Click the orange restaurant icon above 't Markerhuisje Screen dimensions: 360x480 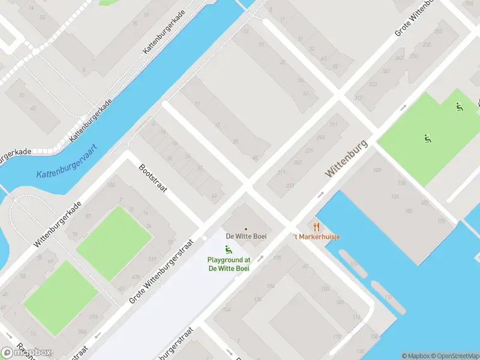(316, 227)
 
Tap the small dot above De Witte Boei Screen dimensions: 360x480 (245, 229)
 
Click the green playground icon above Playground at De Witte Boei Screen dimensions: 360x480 (228, 249)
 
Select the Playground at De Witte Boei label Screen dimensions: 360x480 (229, 264)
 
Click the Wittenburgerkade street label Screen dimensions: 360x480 (58, 225)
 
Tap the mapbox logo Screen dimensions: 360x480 (26, 352)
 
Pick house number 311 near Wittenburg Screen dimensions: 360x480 (281, 173)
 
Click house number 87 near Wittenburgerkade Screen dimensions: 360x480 (88, 216)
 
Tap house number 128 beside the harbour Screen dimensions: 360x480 (395, 197)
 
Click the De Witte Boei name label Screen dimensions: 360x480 (246, 236)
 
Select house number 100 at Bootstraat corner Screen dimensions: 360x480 (110, 185)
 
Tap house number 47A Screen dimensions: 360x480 (136, 277)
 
